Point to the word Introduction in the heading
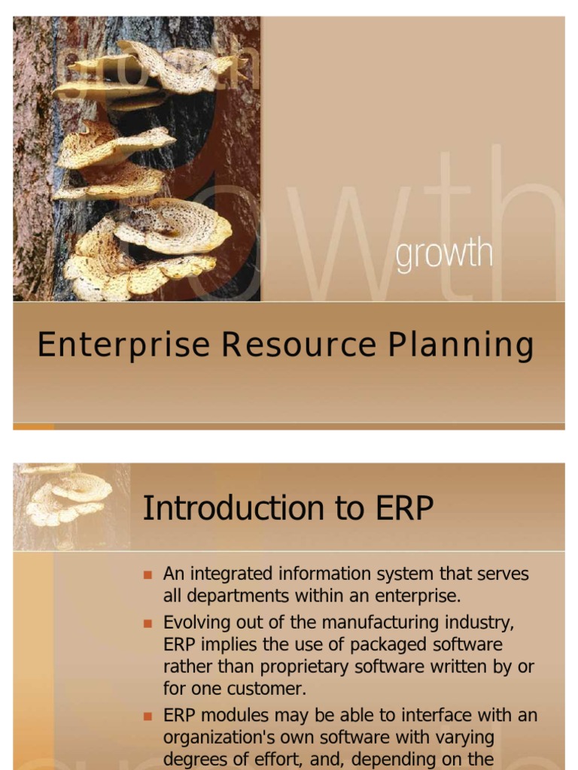[x=224, y=509]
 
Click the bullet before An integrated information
[x=148, y=575]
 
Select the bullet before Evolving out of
[x=148, y=623]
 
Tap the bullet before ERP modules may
[x=148, y=716]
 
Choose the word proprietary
[x=310, y=667]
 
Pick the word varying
[x=465, y=737]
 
